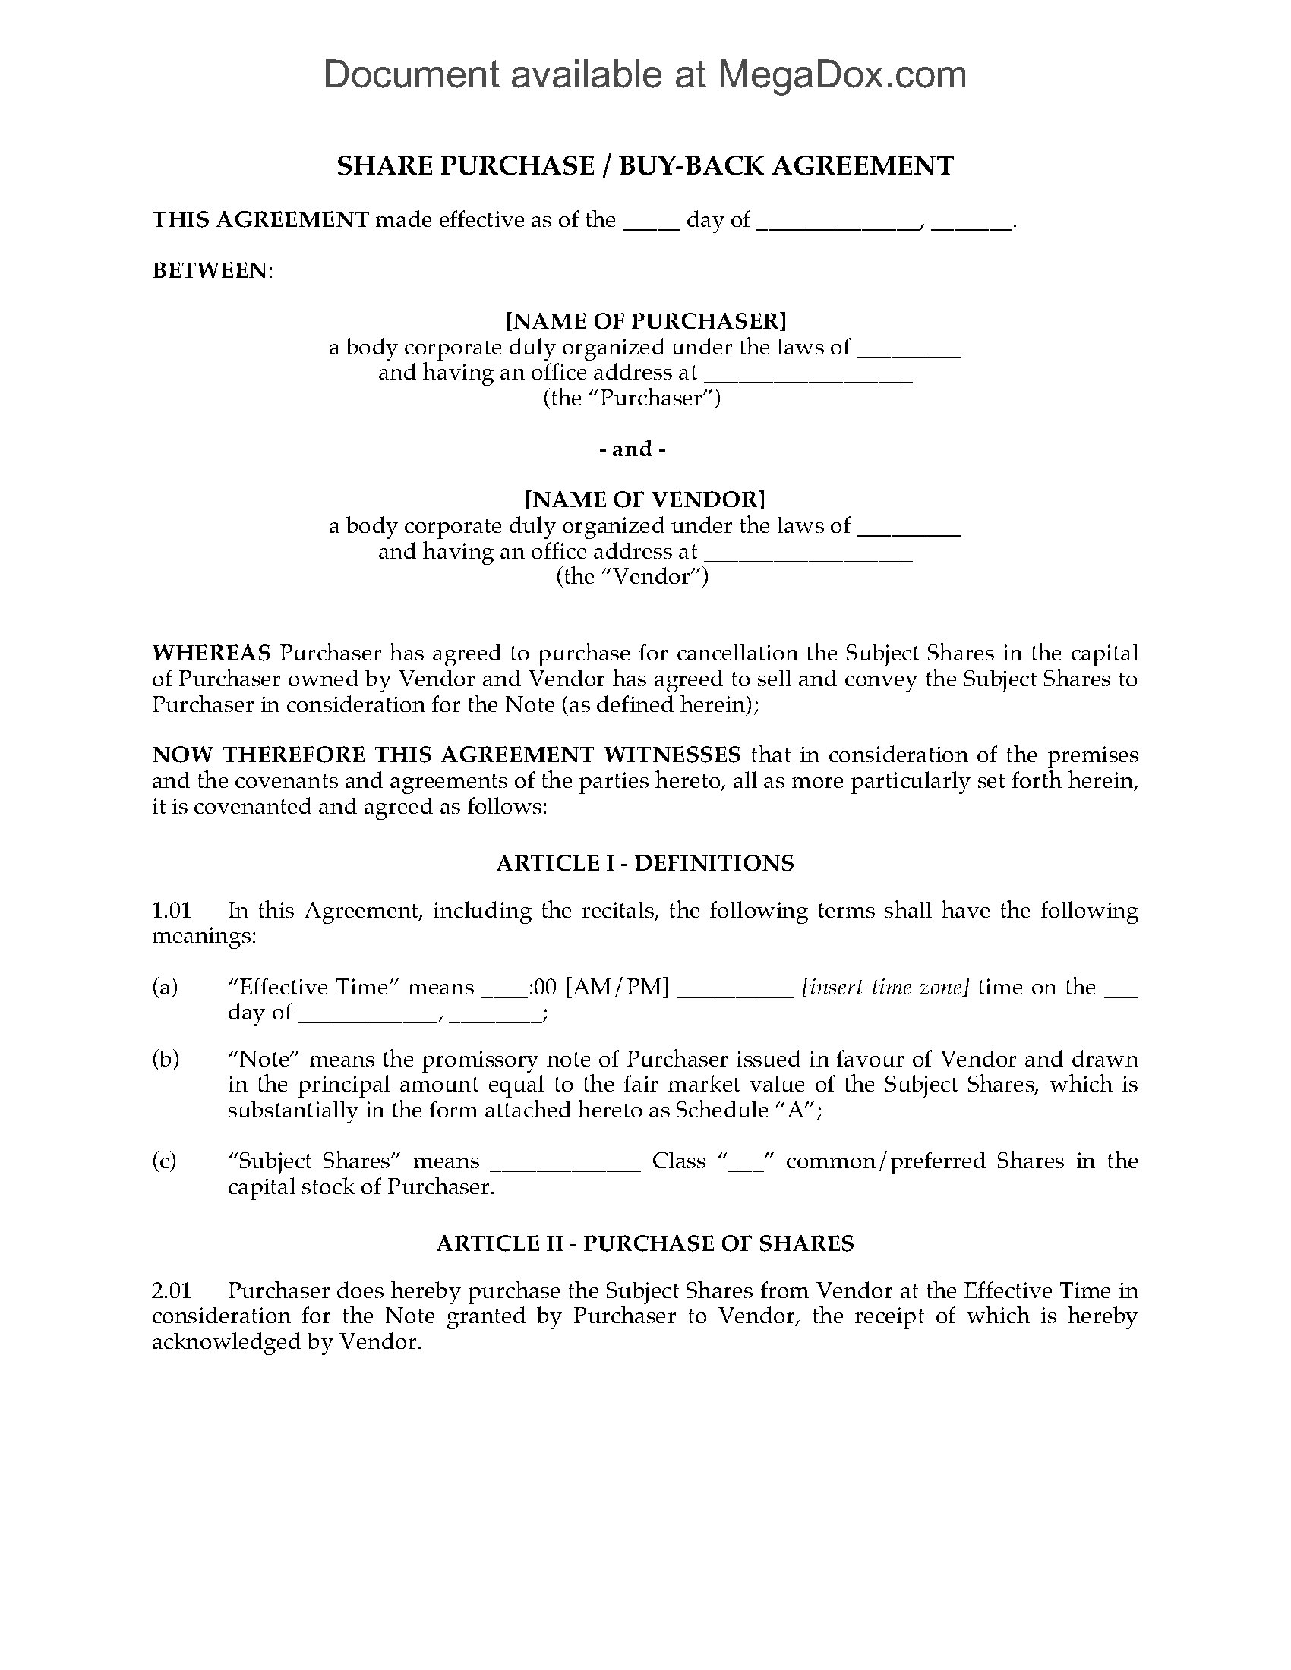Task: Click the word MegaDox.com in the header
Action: tap(841, 75)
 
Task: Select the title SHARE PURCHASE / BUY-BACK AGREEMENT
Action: tap(645, 166)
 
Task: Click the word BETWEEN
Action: tap(211, 271)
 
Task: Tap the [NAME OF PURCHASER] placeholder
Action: tap(645, 320)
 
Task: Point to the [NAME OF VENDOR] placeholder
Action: tap(645, 499)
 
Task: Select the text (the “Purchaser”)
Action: tap(633, 399)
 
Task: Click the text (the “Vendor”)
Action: tap(633, 577)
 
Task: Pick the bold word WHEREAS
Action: tap(211, 654)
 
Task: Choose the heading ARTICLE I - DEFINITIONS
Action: tap(645, 863)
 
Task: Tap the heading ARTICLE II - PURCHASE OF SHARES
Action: tap(645, 1243)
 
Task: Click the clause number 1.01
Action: tap(171, 911)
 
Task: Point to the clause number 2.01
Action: tap(171, 1290)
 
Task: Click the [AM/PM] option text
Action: tap(617, 988)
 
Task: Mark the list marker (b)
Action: tap(166, 1060)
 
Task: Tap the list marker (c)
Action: tap(165, 1161)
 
